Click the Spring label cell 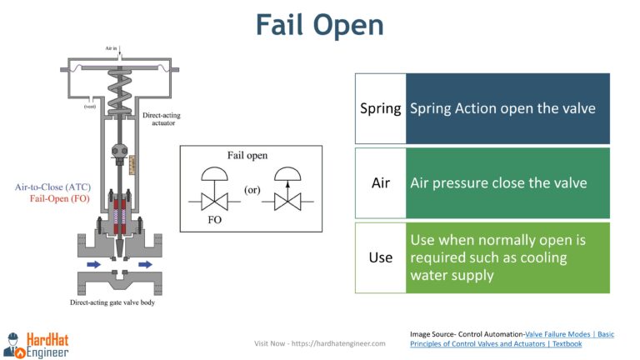tap(380, 109)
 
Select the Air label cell tap(380, 183)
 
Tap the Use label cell tap(380, 257)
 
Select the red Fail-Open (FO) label tap(59, 199)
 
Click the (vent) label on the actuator tap(89, 106)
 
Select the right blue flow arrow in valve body tap(146, 266)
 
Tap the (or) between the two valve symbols tap(251, 190)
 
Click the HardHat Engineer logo tap(37, 342)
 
